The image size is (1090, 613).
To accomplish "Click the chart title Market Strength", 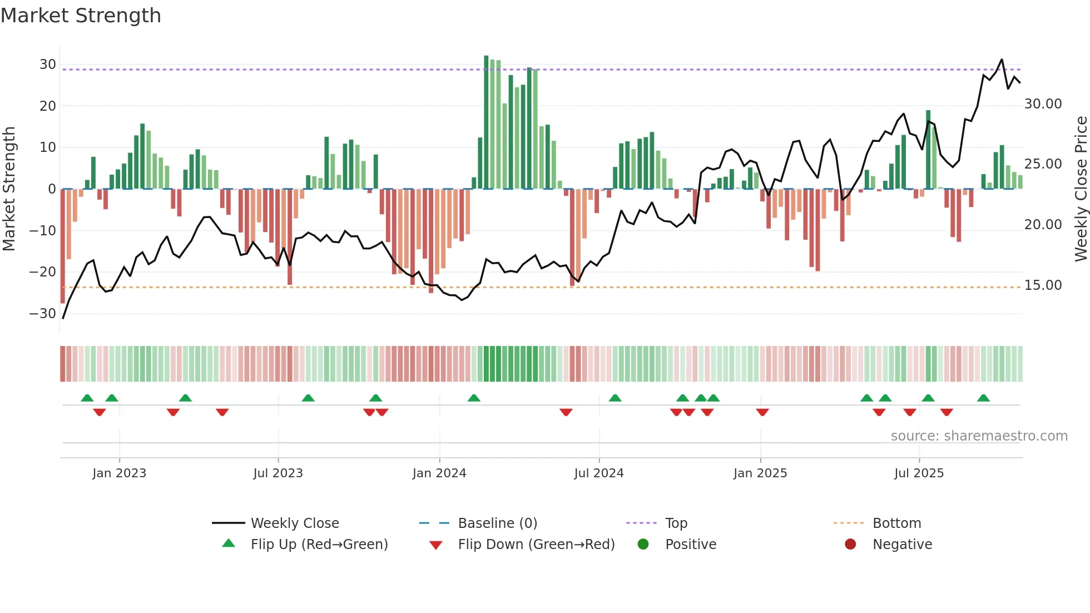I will coord(81,16).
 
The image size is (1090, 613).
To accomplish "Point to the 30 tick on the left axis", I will coord(48,65).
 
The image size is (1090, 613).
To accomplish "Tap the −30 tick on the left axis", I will coord(43,313).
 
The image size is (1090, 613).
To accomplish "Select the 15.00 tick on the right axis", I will coord(1043,285).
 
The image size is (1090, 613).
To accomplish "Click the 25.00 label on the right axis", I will coord(1043,164).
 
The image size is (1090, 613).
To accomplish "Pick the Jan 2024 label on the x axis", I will coord(439,473).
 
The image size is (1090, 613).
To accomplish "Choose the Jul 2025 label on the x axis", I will coord(919,473).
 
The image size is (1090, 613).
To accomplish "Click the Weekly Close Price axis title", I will coord(1081,189).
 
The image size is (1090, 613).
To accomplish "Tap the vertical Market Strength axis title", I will coord(9,189).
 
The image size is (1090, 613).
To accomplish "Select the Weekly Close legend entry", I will coord(294,523).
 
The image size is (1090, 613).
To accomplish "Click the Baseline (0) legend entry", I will coord(497,523).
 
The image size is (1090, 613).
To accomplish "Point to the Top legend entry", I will coord(676,523).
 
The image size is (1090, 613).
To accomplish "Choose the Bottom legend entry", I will coord(896,523).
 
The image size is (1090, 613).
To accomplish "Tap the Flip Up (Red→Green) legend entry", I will coord(319,545).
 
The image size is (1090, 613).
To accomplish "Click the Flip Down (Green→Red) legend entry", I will coord(536,545).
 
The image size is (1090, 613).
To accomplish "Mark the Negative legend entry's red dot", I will coord(850,544).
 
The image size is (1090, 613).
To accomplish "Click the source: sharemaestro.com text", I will coord(979,436).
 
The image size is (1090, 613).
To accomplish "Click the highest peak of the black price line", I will coord(1002,60).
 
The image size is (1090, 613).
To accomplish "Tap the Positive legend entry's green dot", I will coord(643,544).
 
